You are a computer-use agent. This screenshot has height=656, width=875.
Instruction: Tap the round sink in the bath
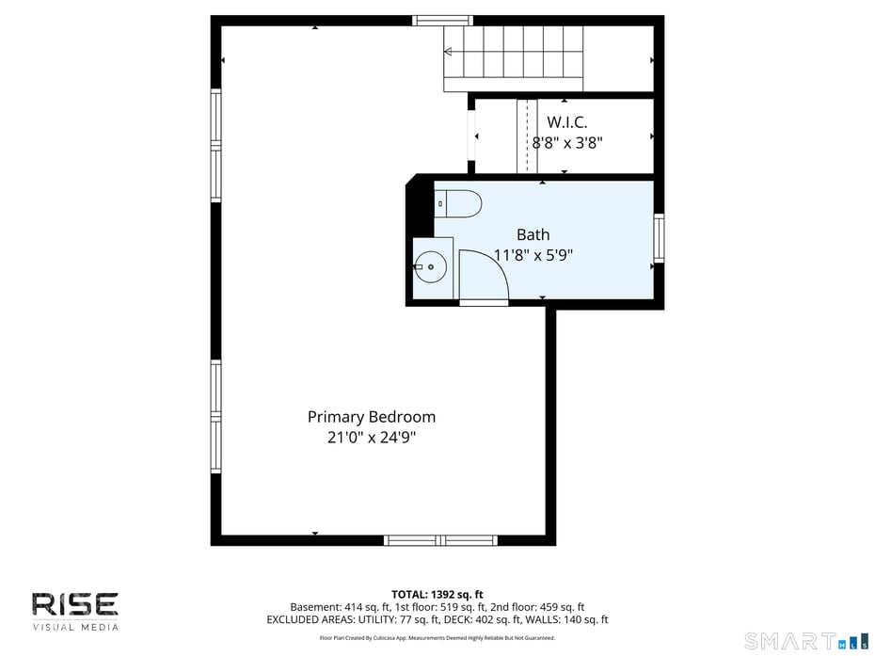point(432,267)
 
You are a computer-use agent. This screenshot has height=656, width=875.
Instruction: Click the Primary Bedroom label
point(372,417)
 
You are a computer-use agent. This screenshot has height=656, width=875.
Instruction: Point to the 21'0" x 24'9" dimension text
point(372,437)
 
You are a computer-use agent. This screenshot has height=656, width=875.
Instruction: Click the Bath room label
point(533,234)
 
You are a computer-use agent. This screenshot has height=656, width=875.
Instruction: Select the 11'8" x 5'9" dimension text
point(533,254)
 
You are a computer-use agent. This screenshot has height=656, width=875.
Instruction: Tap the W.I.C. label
point(567,122)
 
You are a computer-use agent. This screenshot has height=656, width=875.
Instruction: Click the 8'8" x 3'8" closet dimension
point(567,143)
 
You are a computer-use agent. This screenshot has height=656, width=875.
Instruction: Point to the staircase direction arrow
point(449,51)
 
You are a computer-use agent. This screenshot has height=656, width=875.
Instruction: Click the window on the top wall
point(442,21)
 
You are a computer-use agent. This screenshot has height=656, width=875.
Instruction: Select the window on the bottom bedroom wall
point(440,540)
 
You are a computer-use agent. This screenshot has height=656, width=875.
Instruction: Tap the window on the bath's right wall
point(659,238)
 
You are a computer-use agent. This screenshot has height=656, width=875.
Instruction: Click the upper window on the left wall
point(216,145)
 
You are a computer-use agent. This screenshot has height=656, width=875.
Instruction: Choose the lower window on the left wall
point(216,415)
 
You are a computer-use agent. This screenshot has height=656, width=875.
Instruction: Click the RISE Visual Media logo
point(75,611)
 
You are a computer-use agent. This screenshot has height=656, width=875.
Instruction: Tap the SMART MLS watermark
point(804,642)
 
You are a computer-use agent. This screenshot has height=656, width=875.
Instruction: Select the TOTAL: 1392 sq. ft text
point(437,594)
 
